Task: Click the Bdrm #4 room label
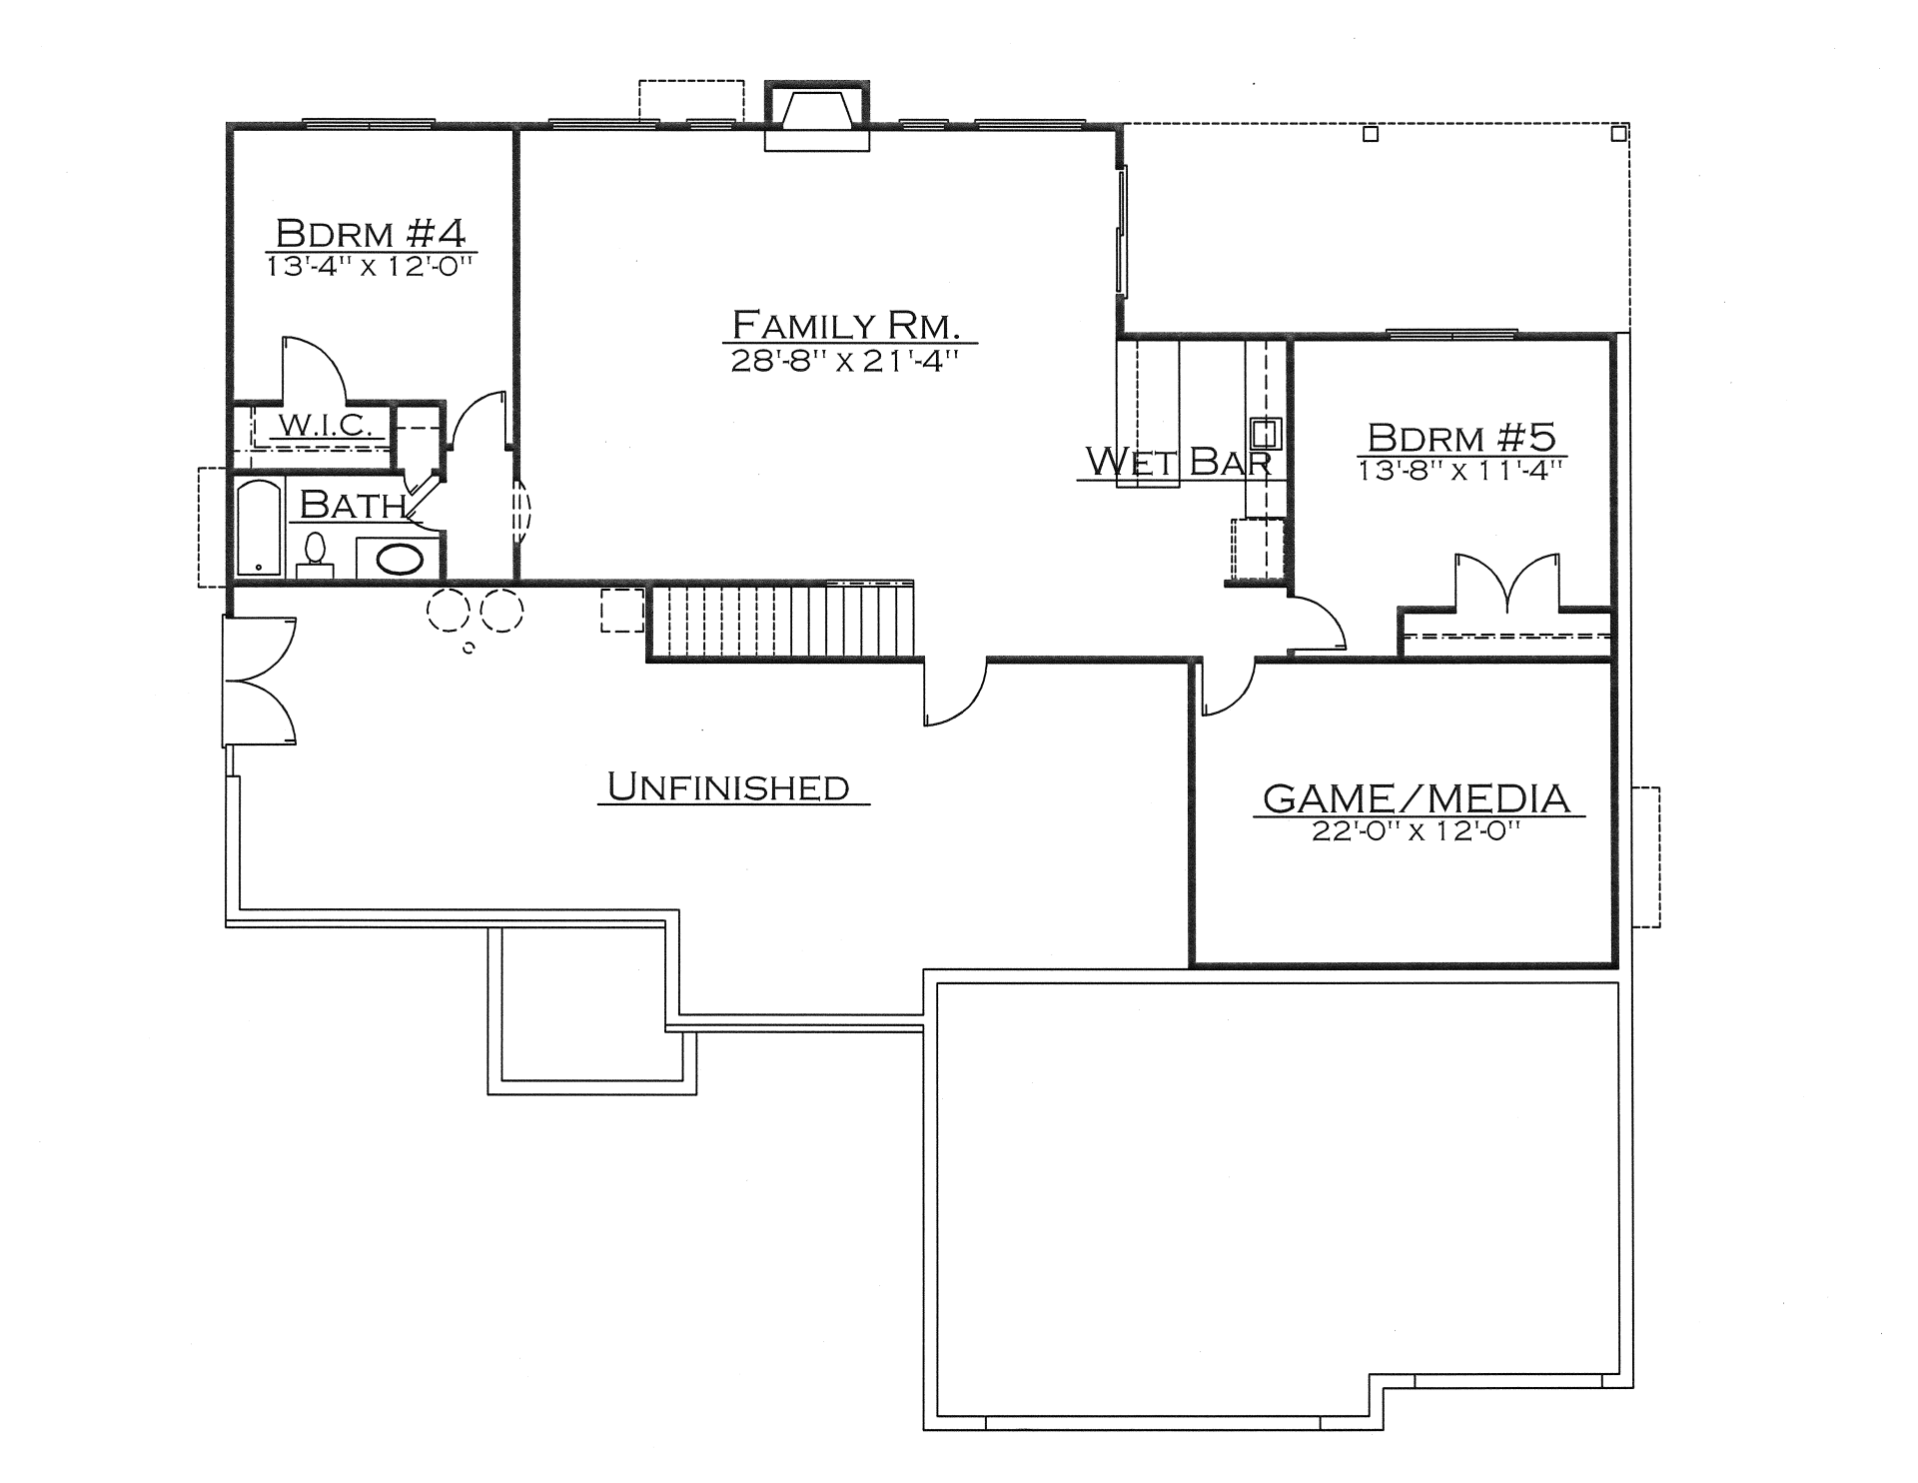[371, 234]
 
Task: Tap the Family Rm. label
[846, 325]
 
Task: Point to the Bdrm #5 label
[1461, 438]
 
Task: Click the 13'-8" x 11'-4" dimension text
[1460, 470]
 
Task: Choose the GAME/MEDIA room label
[1417, 798]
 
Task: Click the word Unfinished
[728, 787]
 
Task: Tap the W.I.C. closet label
[325, 426]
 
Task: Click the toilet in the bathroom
[315, 556]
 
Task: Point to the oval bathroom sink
[399, 559]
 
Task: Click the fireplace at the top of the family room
[817, 116]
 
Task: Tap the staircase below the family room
[782, 621]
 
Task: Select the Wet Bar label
[1178, 462]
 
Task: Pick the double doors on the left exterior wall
[260, 681]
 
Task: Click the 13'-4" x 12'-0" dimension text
[369, 267]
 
